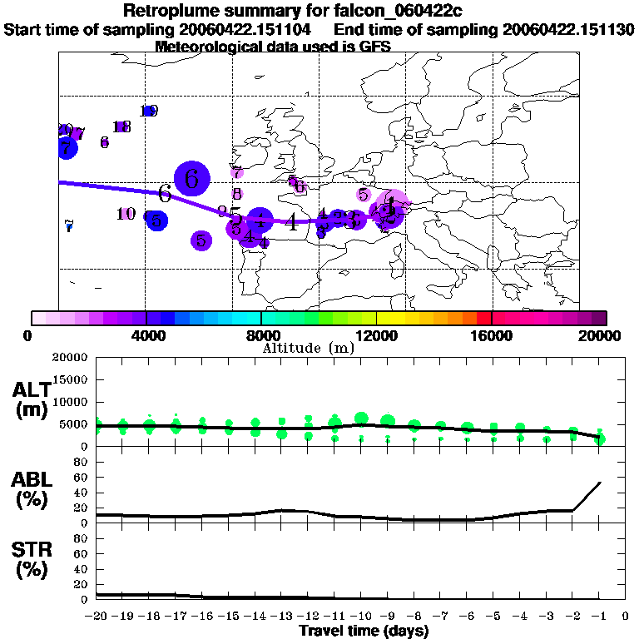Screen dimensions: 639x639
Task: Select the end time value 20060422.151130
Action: pos(568,29)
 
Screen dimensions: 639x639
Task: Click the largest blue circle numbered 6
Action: pos(192,178)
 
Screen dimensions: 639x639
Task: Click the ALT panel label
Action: pos(31,390)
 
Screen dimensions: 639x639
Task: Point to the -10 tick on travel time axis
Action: pos(361,617)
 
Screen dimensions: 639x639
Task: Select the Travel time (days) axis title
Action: pos(364,632)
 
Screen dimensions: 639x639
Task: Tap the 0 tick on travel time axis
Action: pos(625,617)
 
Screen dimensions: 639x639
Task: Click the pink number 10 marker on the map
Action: pos(126,214)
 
